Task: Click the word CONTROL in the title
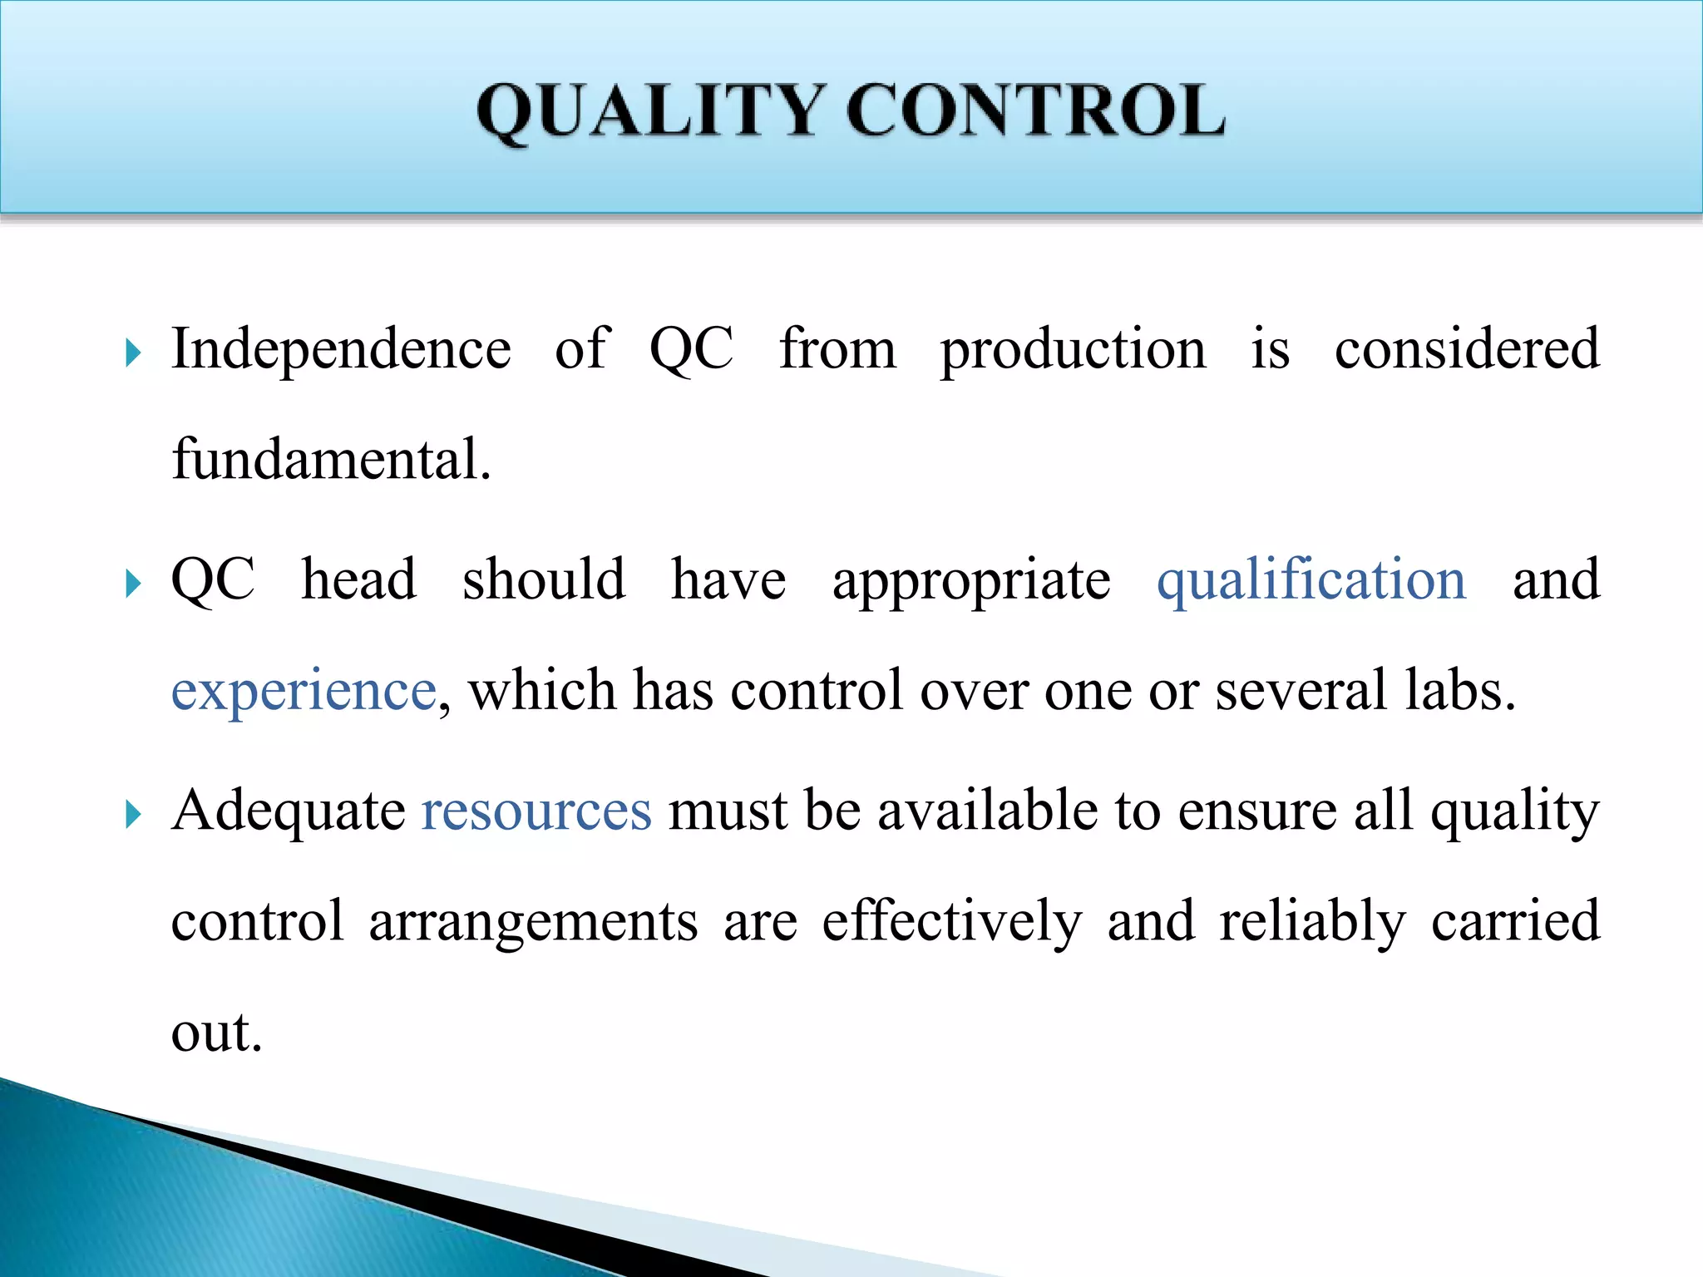click(1035, 111)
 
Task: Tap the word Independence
click(341, 349)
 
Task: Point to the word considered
click(1467, 349)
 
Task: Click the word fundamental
click(331, 459)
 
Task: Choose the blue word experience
click(304, 692)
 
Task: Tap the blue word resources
click(536, 811)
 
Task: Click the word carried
click(1515, 921)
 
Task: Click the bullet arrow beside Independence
click(133, 354)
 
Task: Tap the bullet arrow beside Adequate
click(133, 815)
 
